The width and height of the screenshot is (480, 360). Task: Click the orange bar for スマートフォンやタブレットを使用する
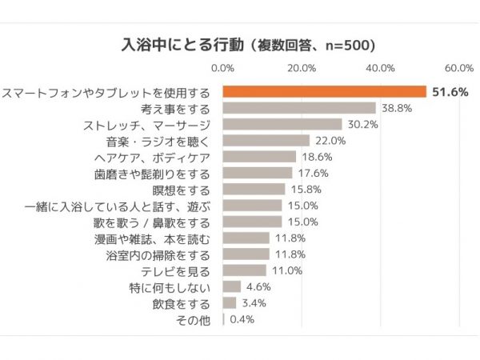[x=324, y=91]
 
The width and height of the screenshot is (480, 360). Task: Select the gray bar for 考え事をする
[x=298, y=108]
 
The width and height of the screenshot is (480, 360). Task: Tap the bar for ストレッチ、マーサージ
[x=282, y=125]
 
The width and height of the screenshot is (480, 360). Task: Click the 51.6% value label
[x=450, y=92]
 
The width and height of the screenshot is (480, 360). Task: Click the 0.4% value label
[x=243, y=319]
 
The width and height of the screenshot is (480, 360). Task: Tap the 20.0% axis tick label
[x=302, y=68]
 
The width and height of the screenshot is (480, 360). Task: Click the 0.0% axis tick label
[x=222, y=68]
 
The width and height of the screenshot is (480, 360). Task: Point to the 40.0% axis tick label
[x=381, y=68]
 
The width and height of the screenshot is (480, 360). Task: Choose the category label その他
[x=195, y=319]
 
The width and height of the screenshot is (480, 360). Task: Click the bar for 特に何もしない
[x=231, y=286]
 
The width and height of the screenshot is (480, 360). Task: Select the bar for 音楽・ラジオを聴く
[x=266, y=141]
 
